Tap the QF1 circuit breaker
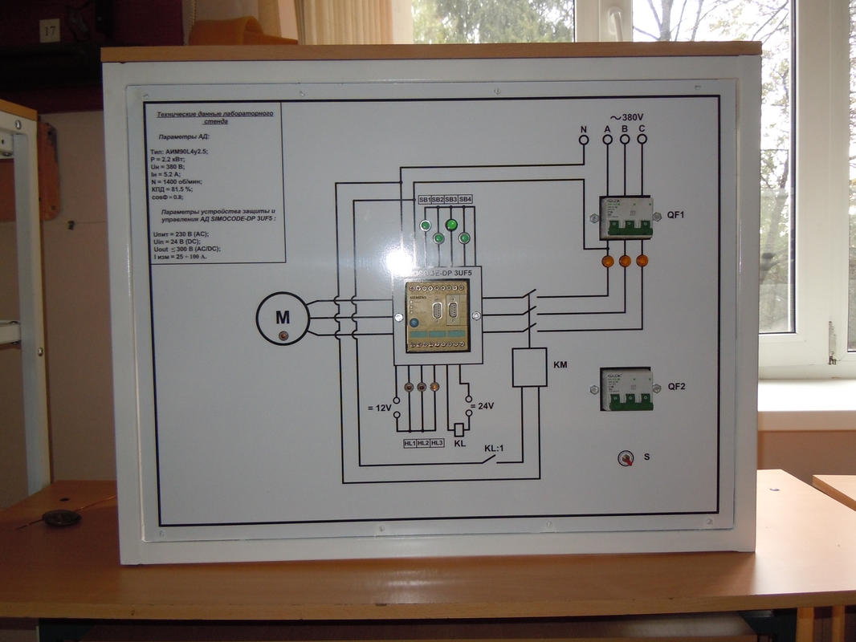pyautogui.click(x=626, y=217)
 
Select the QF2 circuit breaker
pyautogui.click(x=626, y=389)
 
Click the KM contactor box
pyautogui.click(x=529, y=367)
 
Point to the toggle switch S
pyautogui.click(x=624, y=458)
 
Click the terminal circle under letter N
pyautogui.click(x=585, y=140)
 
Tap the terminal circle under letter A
pyautogui.click(x=608, y=140)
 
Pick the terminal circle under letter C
pyautogui.click(x=642, y=140)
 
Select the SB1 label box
pyautogui.click(x=424, y=199)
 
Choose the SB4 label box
pyautogui.click(x=465, y=199)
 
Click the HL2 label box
pyautogui.click(x=423, y=442)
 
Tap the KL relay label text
pyautogui.click(x=460, y=444)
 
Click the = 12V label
pyautogui.click(x=379, y=408)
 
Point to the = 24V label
pyautogui.click(x=481, y=406)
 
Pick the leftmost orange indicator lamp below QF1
pyautogui.click(x=608, y=261)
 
